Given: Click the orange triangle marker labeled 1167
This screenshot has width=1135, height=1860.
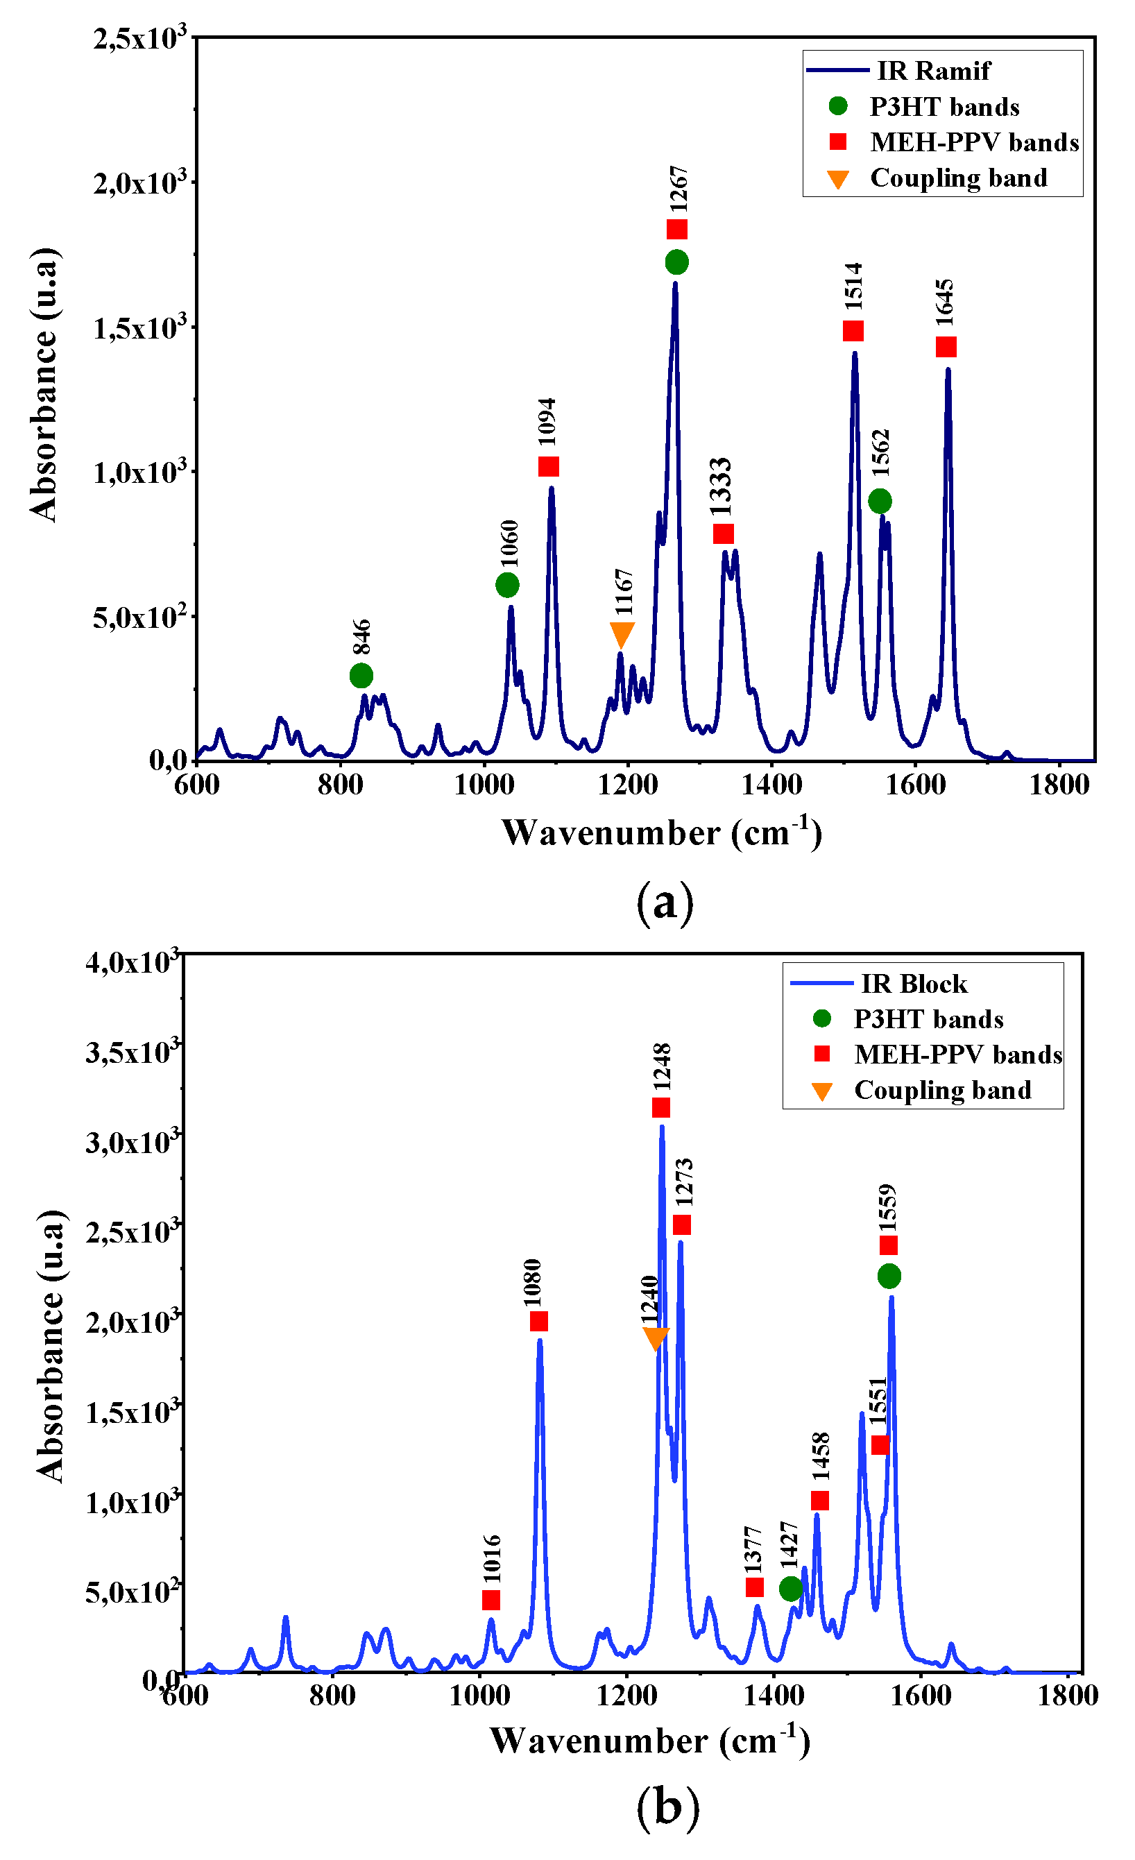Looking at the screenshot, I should (x=621, y=633).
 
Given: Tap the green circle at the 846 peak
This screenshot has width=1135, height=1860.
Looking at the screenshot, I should (x=361, y=675).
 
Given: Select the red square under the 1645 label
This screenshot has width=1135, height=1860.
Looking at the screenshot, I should (x=946, y=348).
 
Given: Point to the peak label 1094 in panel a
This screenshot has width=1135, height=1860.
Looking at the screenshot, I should (x=547, y=422).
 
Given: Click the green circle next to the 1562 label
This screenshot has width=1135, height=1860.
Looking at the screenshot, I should (x=880, y=500).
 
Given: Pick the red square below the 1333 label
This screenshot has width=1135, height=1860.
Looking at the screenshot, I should (x=723, y=534).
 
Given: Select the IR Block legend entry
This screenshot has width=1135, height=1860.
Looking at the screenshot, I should (x=914, y=984).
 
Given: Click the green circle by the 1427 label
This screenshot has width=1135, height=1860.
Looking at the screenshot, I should (x=790, y=1588).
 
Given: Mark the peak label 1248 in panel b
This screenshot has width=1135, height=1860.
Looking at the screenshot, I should (x=662, y=1066).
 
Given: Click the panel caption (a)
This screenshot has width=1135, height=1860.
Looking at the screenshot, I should (x=664, y=903).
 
